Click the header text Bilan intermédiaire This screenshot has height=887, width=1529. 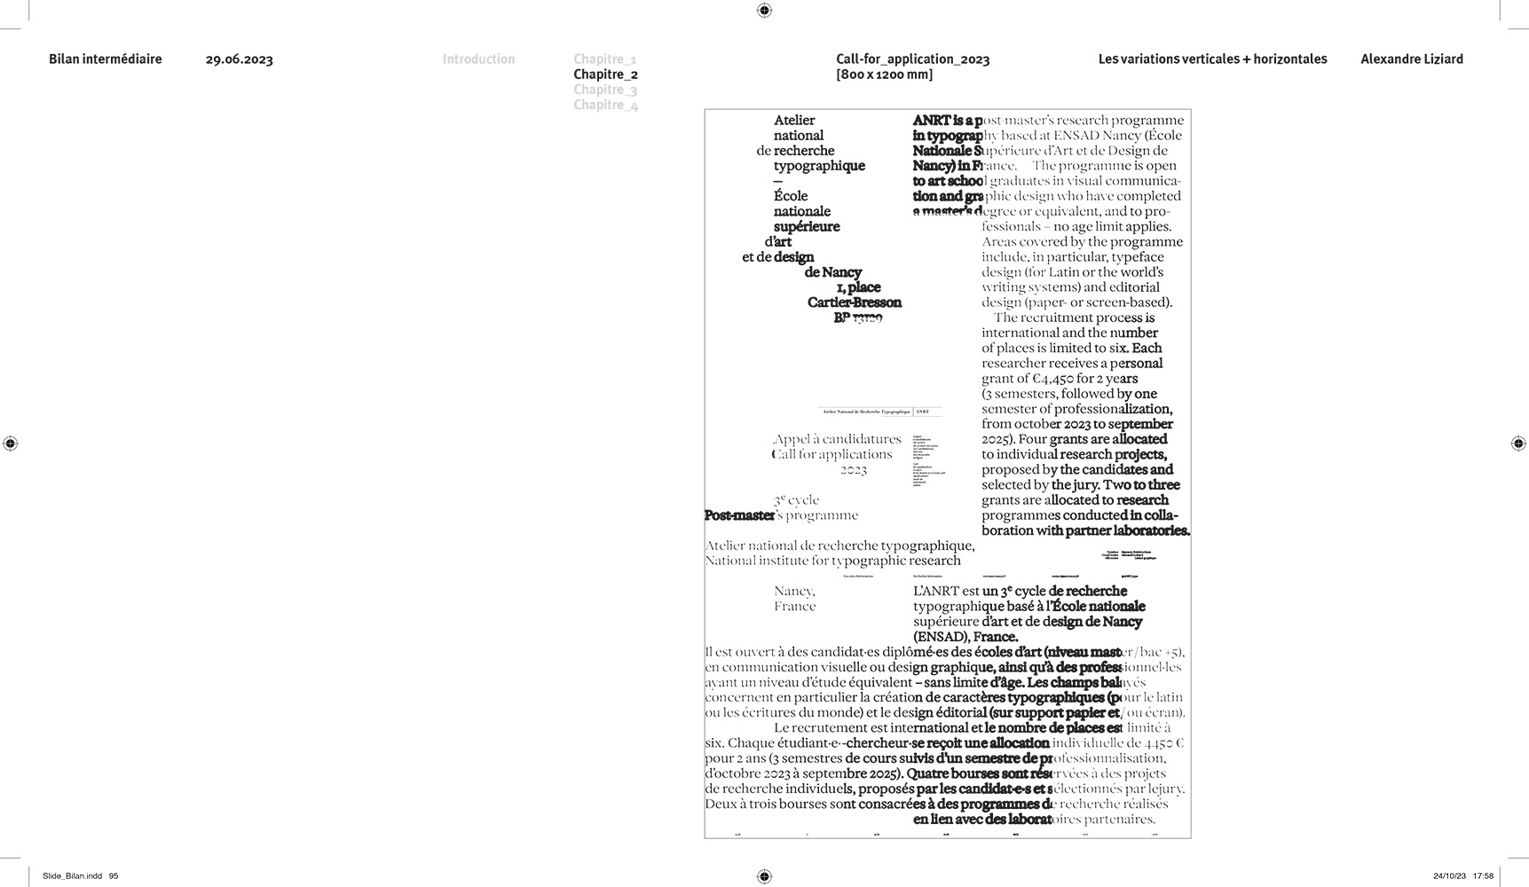[106, 59]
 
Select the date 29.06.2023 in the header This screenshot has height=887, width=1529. [239, 59]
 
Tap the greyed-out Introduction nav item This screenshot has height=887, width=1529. [478, 59]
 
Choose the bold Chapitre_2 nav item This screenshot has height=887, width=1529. [605, 75]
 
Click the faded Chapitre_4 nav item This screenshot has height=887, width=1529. [605, 105]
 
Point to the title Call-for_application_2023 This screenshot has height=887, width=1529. [912, 59]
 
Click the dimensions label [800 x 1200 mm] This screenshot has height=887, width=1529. [884, 75]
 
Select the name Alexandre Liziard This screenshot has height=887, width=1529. [1411, 59]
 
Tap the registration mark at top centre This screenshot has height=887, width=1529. [764, 11]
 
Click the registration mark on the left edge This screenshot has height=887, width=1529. [11, 443]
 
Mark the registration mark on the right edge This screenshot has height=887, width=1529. [1517, 443]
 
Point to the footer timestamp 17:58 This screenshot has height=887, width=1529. [1482, 876]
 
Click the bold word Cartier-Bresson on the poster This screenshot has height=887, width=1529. [854, 302]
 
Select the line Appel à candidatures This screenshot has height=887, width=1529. [837, 439]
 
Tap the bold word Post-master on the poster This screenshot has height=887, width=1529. [739, 515]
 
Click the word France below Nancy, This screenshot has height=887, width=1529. [794, 607]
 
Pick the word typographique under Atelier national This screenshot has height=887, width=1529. [819, 166]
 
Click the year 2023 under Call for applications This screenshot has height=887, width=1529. [853, 469]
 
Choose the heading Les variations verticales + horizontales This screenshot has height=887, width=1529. [1212, 59]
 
